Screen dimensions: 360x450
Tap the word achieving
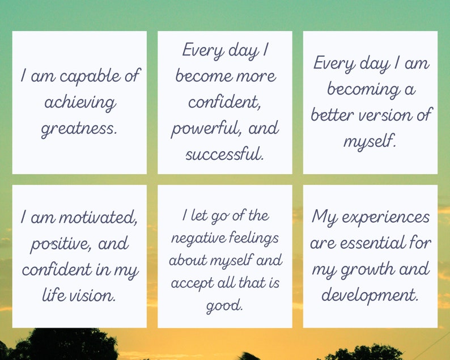coord(79,103)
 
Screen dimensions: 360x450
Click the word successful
coord(224,154)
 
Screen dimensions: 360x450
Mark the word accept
coord(191,283)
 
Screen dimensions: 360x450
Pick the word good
coord(224,306)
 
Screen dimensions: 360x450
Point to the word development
coord(370,295)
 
